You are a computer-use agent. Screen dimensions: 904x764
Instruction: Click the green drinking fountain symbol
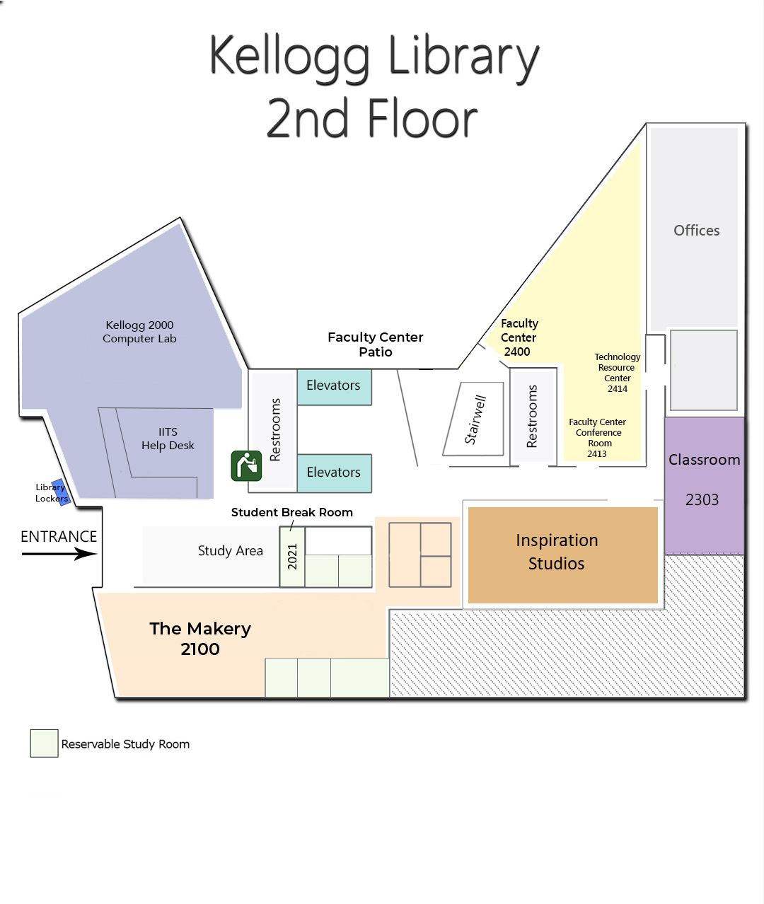246,466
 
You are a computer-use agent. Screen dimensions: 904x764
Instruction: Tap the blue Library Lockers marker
61,492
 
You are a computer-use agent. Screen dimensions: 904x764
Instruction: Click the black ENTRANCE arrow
59,553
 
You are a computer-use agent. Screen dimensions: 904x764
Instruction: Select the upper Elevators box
334,386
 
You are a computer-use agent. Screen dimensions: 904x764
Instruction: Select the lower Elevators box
334,473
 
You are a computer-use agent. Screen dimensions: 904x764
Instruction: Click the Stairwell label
475,419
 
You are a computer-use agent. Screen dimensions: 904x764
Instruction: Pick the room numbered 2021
292,557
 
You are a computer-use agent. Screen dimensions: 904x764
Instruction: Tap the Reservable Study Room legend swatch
44,743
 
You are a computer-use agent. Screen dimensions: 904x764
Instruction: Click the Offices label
696,231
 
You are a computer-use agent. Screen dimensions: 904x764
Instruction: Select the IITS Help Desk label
168,439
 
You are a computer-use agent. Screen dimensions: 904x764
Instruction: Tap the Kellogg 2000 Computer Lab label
139,332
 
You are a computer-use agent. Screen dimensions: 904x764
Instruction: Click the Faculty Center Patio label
375,344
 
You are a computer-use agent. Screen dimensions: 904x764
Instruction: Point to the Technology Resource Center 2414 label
617,373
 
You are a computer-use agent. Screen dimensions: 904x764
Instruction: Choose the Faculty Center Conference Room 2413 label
598,438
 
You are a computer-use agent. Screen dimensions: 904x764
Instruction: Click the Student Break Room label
291,512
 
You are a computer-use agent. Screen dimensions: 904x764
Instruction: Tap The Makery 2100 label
200,639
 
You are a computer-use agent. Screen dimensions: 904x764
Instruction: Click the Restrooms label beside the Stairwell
532,417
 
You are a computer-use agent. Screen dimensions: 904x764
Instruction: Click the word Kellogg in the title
290,57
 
